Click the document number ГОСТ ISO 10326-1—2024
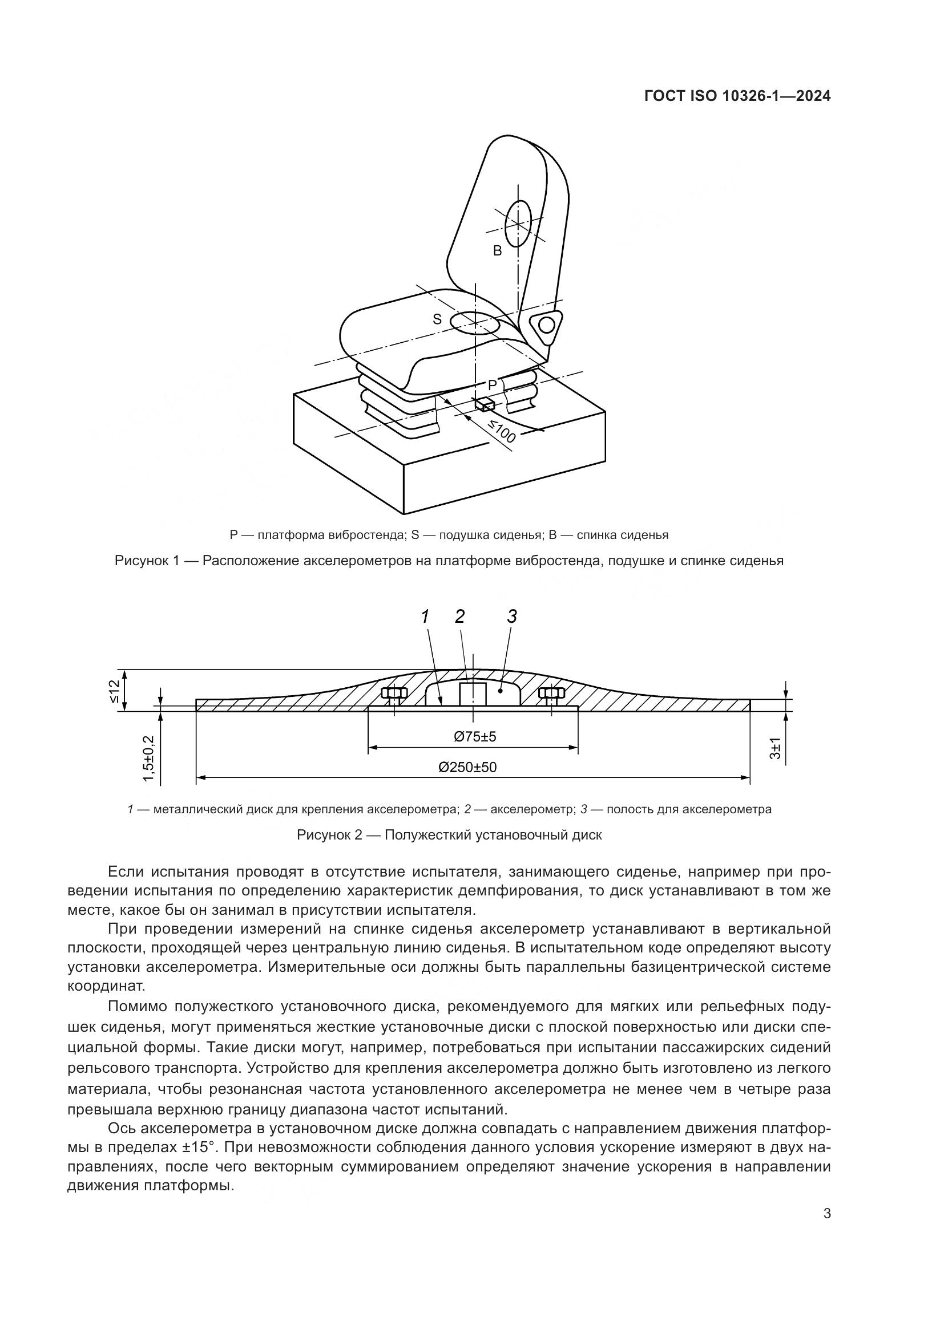coord(737,96)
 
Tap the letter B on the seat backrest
coord(497,251)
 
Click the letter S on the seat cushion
coord(437,319)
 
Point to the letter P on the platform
coord(493,384)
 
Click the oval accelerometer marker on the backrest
coord(518,224)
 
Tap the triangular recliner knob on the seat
coord(546,325)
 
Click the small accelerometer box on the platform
coord(484,404)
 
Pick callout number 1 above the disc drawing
coord(426,617)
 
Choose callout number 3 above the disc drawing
coord(511,617)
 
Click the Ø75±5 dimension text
coord(475,737)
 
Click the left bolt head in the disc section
coord(394,693)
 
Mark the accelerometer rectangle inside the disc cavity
coord(473,694)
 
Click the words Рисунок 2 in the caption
coord(329,836)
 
